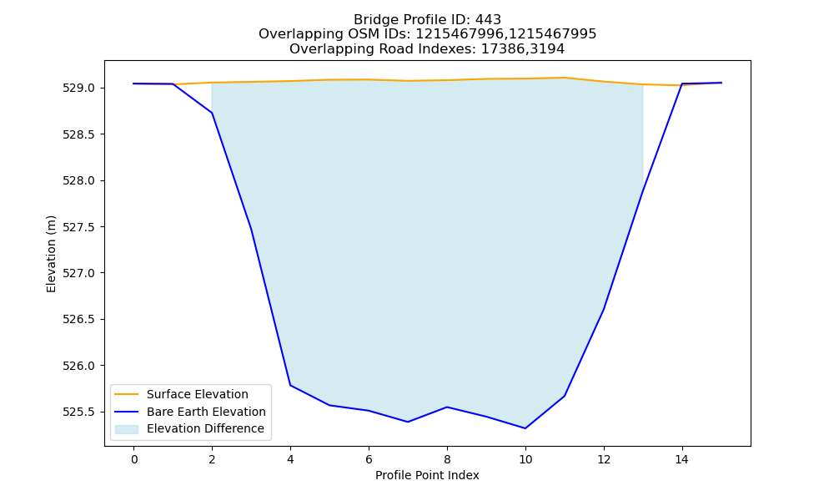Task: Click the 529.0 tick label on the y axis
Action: (78, 89)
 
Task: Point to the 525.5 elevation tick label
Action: (78, 412)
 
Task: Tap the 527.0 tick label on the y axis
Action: (78, 273)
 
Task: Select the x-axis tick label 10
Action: (525, 459)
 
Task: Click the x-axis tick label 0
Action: (134, 459)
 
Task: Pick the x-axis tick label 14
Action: (682, 459)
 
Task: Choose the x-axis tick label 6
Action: (369, 459)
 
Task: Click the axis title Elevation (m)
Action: (51, 254)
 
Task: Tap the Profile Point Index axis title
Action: (427, 475)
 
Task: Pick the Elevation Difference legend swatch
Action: (127, 429)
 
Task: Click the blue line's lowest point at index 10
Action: (525, 428)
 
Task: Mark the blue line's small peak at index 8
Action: (447, 407)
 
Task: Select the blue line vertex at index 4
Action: (290, 385)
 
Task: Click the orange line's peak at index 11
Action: (565, 78)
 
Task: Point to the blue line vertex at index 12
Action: (604, 309)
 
